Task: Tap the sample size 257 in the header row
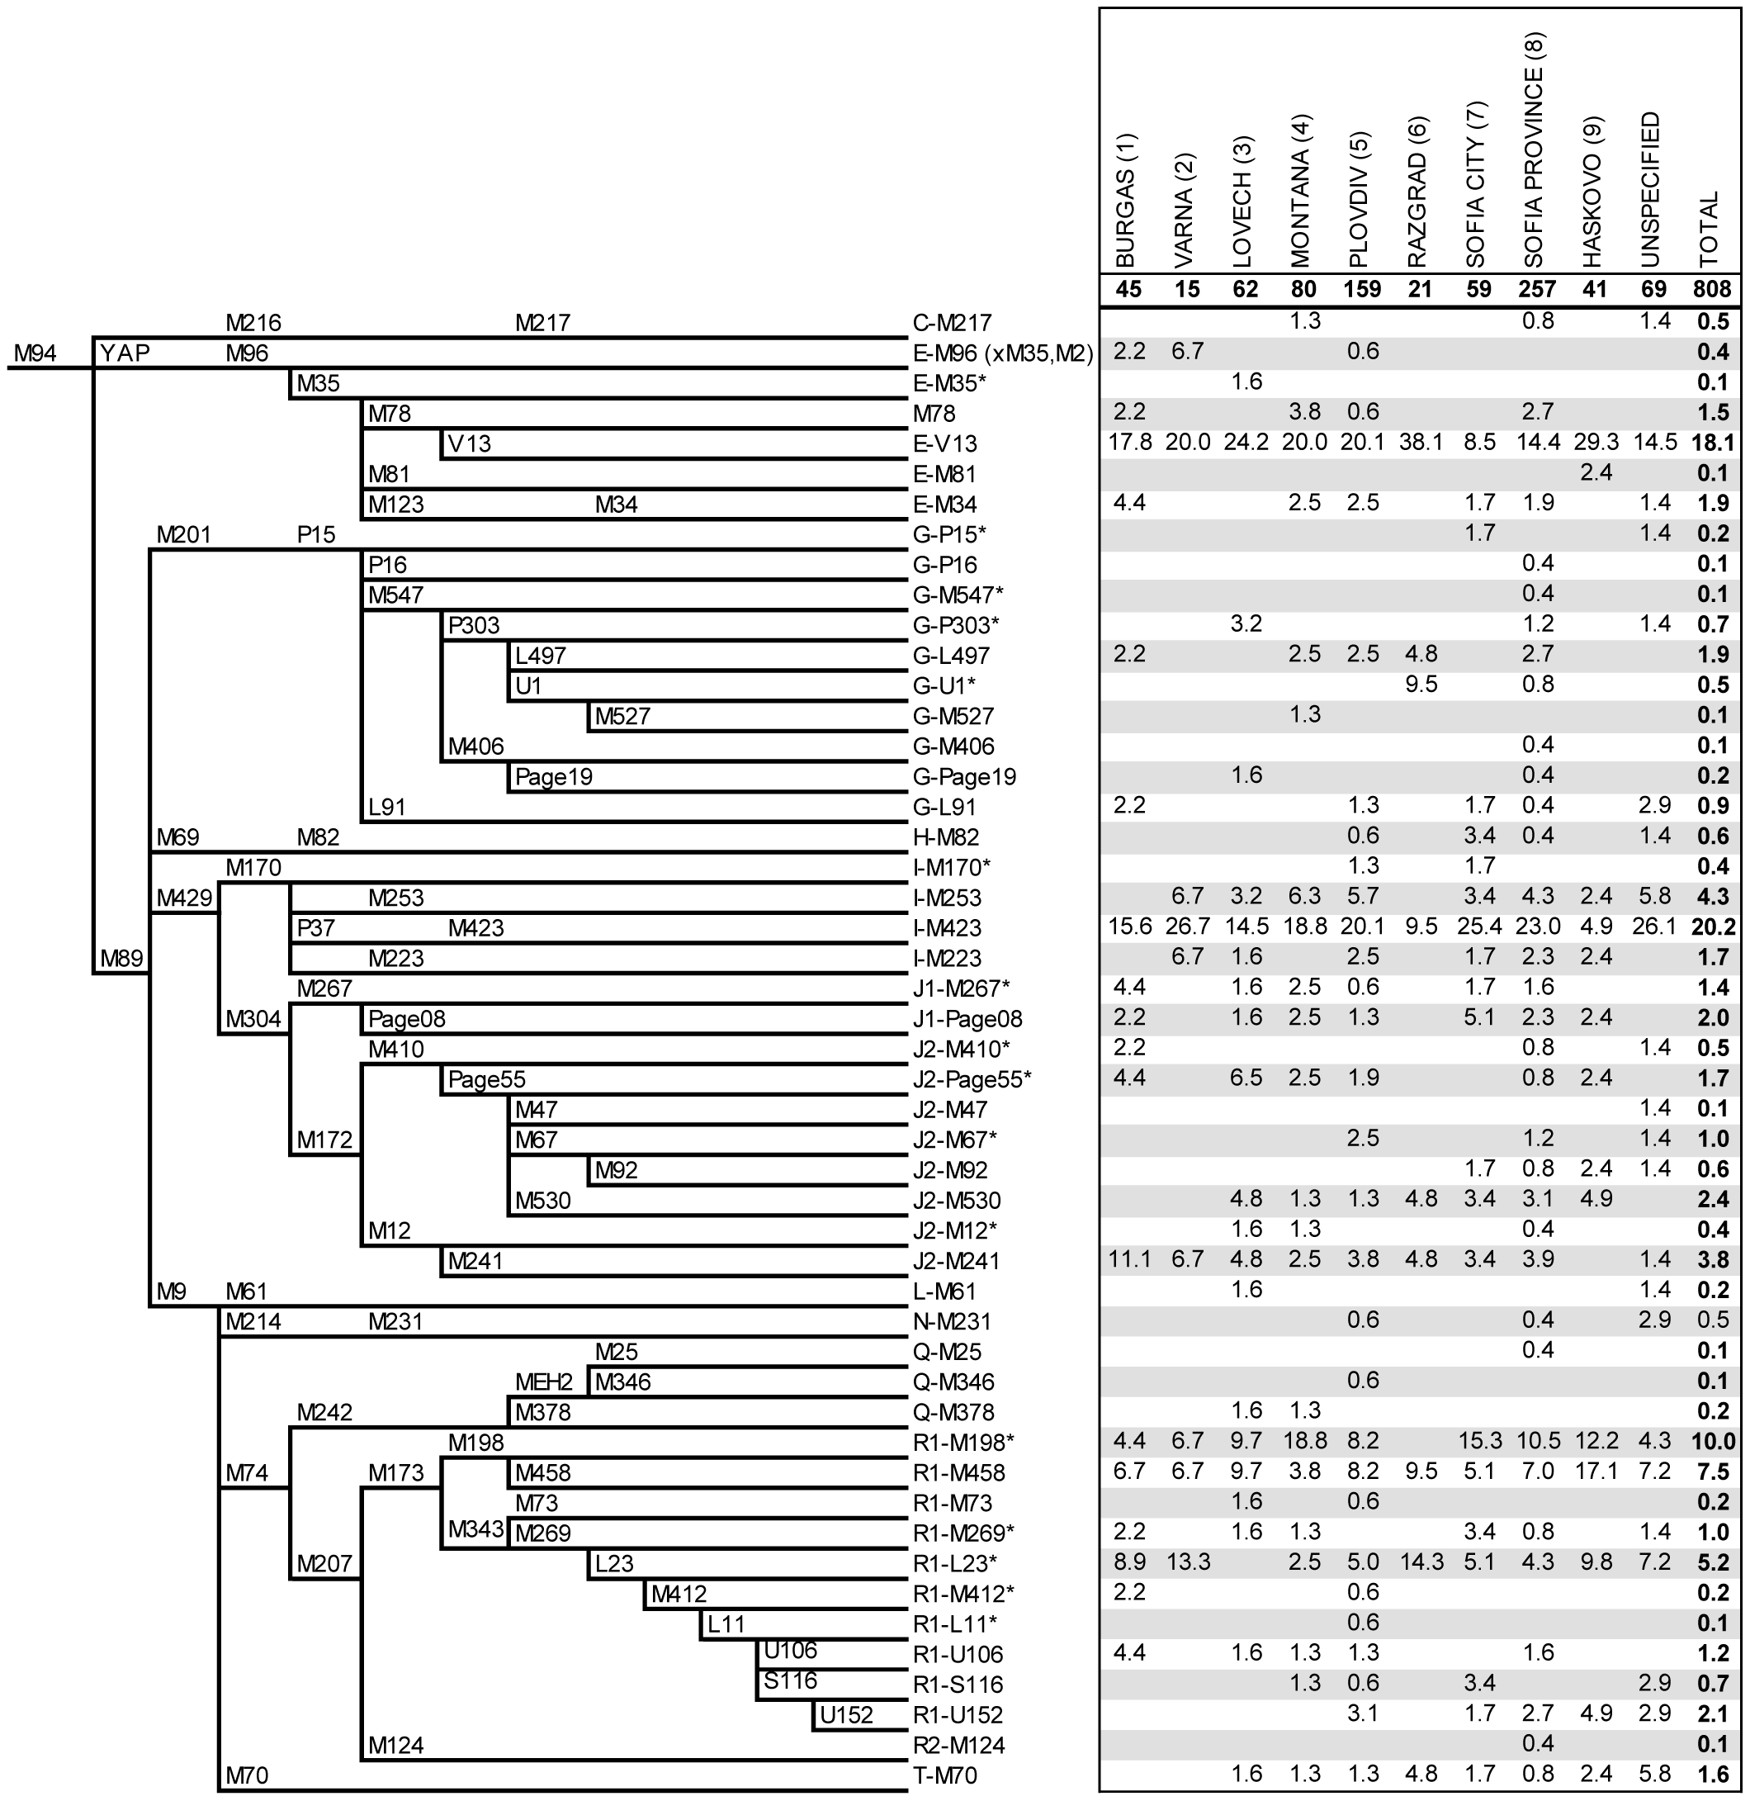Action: (x=1537, y=290)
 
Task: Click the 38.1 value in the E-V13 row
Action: (x=1420, y=443)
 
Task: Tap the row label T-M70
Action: (x=945, y=1775)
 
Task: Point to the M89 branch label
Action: (x=122, y=958)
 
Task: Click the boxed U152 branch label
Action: (x=845, y=1714)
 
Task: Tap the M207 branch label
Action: (x=324, y=1563)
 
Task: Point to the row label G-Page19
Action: (x=964, y=777)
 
